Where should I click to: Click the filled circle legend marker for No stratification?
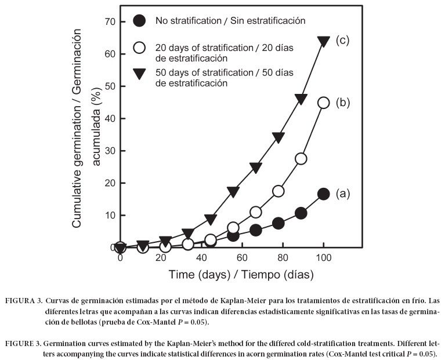pos(139,21)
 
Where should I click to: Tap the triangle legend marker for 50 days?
pos(139,74)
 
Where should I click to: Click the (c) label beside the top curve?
pos(342,40)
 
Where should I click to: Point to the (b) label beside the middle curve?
pos(342,103)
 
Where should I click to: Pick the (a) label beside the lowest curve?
pos(342,194)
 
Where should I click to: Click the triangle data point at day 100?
pos(324,41)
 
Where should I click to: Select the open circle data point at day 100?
pos(324,103)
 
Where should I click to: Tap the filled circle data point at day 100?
pos(324,194)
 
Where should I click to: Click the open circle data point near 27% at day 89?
pos(301,158)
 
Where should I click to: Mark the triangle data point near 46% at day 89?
pos(301,99)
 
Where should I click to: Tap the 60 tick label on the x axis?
pos(243,258)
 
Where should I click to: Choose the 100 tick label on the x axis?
pos(324,258)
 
